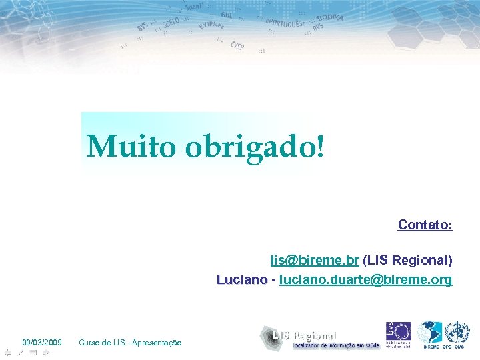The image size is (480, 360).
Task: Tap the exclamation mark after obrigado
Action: [323, 145]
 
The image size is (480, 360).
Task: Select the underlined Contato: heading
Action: [425, 225]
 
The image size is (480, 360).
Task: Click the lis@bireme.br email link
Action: [315, 259]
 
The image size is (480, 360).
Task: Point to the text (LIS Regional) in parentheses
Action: [408, 259]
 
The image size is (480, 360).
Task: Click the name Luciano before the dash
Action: [241, 279]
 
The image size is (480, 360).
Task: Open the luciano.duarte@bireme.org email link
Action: [365, 279]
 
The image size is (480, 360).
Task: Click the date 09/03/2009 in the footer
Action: [42, 343]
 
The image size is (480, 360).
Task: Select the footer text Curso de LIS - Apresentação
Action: [130, 343]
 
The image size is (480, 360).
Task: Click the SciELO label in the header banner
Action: [170, 25]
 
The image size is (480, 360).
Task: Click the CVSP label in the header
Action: [237, 46]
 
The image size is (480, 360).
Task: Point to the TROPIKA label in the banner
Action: [330, 18]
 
